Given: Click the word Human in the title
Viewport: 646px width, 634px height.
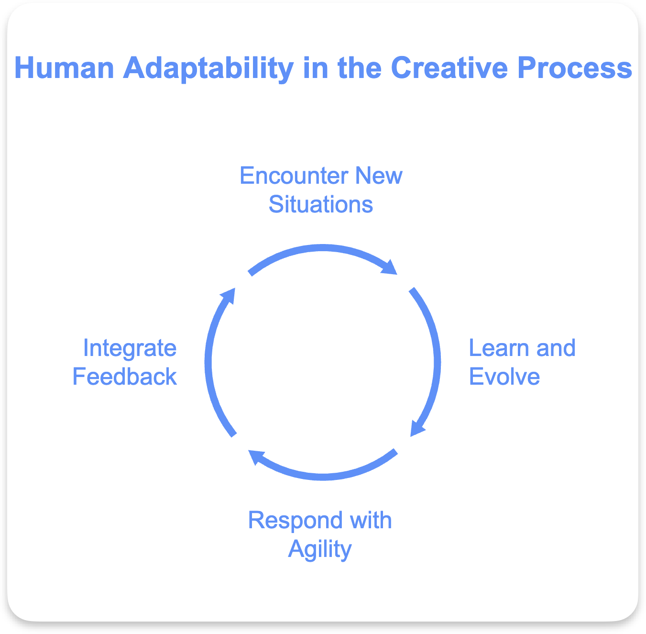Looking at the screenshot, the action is [x=64, y=68].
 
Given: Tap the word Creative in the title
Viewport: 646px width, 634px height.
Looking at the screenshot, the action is [x=449, y=67].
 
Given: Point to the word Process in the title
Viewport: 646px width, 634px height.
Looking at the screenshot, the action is [x=575, y=68].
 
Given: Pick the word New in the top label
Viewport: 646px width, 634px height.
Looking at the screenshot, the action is [x=379, y=176].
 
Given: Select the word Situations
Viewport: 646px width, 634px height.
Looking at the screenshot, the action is [x=321, y=204].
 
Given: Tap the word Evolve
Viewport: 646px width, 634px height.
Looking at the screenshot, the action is [x=504, y=376].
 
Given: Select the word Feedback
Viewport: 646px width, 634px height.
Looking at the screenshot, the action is [x=124, y=376].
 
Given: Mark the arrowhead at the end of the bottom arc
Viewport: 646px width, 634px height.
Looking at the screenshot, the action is [x=255, y=457].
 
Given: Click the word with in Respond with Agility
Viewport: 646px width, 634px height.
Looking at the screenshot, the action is [x=371, y=520].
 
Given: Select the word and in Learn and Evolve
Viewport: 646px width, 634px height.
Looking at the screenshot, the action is [x=556, y=348].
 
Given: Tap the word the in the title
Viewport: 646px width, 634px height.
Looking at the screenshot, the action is [x=360, y=67].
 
